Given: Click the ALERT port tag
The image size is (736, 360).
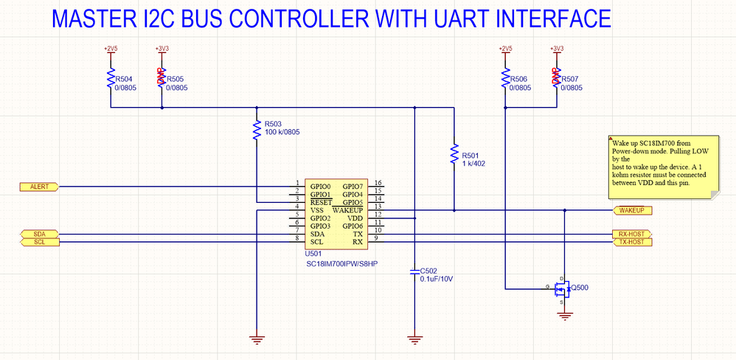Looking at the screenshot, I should point(39,187).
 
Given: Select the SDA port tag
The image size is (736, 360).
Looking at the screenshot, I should point(39,234).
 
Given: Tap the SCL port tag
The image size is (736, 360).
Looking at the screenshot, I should point(39,242).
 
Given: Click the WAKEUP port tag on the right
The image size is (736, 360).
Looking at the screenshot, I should point(633,210).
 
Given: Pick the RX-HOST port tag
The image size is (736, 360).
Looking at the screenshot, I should point(633,234).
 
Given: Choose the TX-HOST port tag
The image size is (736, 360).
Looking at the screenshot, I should point(633,242).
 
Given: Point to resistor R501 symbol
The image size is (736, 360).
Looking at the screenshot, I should point(454,156).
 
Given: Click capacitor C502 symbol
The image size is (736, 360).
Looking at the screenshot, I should point(414,272).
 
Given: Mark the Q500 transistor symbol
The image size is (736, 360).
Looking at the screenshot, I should point(561,288).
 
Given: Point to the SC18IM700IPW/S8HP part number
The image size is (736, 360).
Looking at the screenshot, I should point(341,263).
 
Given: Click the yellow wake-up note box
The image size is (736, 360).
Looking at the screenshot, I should point(661,167).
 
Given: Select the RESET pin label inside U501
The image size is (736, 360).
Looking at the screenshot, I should point(322,201).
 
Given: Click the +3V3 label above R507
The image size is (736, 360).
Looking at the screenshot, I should point(557,49).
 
